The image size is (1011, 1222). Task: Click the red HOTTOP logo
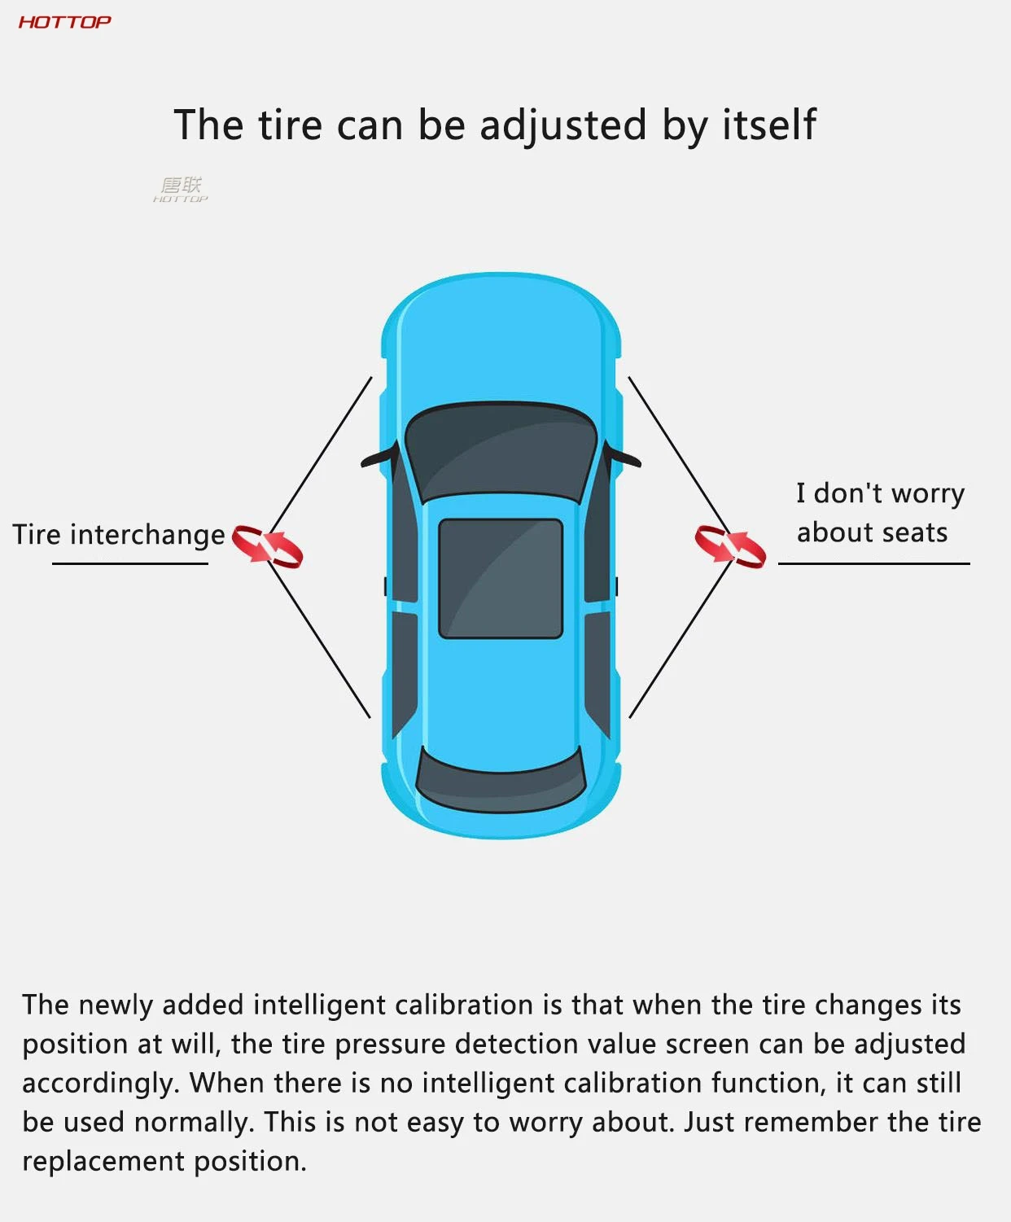(x=64, y=22)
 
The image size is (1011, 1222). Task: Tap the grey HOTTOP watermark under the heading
(x=181, y=190)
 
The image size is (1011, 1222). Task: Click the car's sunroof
(x=501, y=578)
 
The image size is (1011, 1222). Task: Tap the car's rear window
(x=501, y=782)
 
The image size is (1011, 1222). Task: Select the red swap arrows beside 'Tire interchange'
(x=267, y=545)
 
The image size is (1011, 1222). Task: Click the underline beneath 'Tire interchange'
(x=130, y=563)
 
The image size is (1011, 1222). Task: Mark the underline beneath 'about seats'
(x=873, y=563)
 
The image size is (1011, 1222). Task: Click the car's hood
(x=501, y=342)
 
